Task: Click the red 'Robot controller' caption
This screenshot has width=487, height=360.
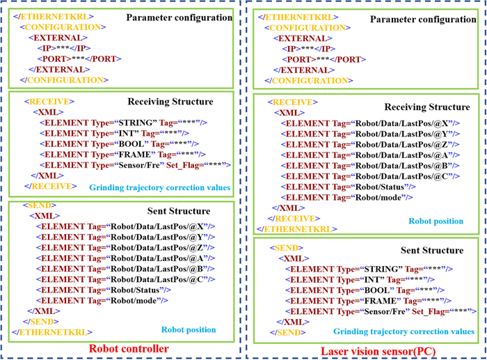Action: [x=129, y=348]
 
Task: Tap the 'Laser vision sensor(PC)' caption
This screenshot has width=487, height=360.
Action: [x=378, y=351]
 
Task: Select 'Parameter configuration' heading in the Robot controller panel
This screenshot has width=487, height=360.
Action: [x=179, y=17]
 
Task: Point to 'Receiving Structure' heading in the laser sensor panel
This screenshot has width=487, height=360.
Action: [x=427, y=107]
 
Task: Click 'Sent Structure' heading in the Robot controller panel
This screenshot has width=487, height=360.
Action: [x=179, y=211]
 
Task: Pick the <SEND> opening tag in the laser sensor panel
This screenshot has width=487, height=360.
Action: [x=287, y=248]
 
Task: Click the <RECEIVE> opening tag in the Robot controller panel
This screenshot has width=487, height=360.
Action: [x=49, y=102]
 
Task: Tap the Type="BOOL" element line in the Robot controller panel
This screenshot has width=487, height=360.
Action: [x=119, y=144]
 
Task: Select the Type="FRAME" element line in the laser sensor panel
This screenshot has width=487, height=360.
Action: [x=368, y=301]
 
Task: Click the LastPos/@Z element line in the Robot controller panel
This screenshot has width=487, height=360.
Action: [x=125, y=248]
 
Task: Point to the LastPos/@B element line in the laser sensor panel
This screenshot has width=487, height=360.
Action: [x=370, y=166]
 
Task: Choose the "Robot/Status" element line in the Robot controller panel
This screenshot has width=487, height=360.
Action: [x=104, y=290]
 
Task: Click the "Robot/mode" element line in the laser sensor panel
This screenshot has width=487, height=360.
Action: [x=347, y=198]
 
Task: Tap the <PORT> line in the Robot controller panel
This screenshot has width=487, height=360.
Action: [x=79, y=58]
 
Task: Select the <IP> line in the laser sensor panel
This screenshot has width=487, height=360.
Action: [x=309, y=49]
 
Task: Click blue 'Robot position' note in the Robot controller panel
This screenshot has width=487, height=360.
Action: [x=189, y=329]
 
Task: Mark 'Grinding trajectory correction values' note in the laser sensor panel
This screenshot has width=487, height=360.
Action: [x=404, y=331]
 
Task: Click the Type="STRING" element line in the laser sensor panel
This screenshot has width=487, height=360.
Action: [x=369, y=269]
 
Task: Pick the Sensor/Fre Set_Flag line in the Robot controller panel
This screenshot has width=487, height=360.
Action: [x=136, y=165]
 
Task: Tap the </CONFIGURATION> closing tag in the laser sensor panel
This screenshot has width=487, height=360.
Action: [x=309, y=81]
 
